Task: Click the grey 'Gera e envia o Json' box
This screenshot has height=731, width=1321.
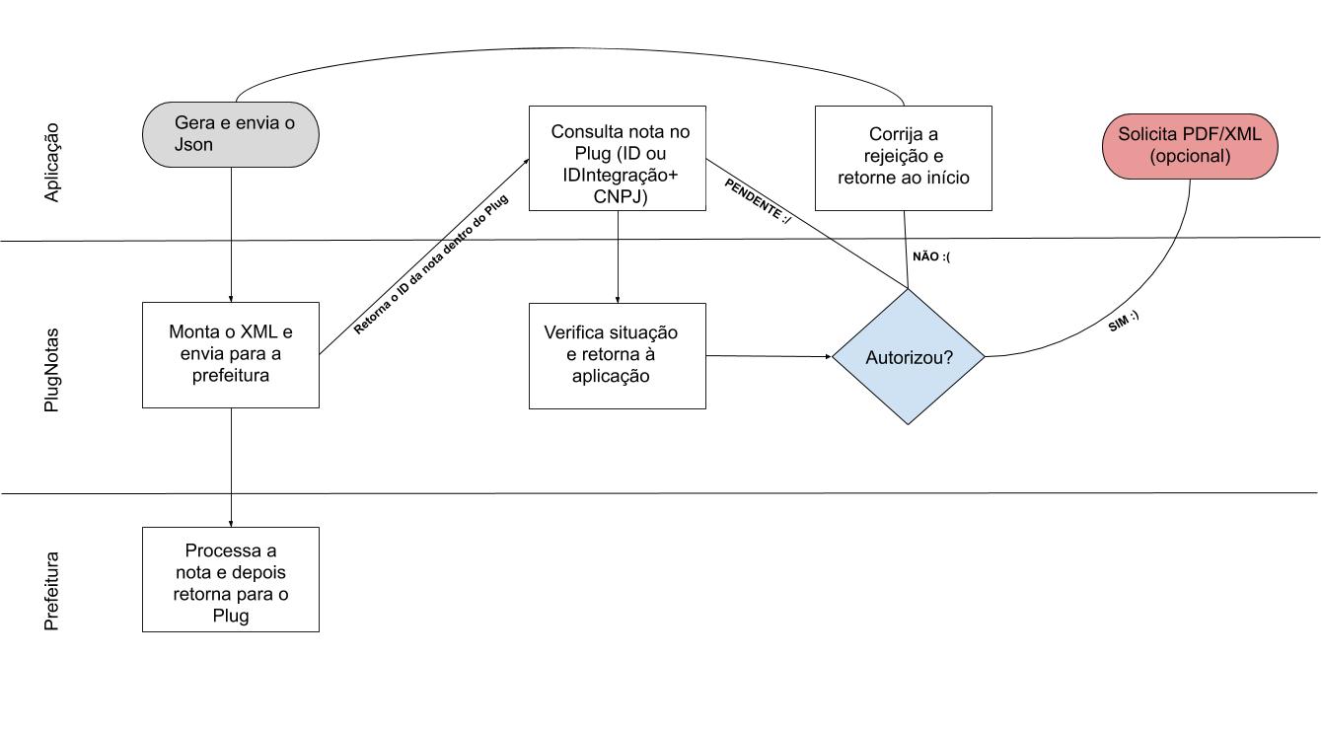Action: click(x=231, y=134)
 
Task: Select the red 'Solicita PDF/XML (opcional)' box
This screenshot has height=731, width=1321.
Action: click(x=1190, y=146)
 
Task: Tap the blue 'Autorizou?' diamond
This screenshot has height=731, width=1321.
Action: click(x=909, y=357)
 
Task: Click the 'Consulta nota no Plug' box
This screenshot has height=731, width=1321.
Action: click(x=618, y=158)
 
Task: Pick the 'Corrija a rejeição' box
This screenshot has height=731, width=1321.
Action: click(x=904, y=158)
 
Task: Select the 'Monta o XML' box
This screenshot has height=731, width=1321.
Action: click(x=231, y=355)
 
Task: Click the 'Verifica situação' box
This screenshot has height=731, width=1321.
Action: click(x=618, y=356)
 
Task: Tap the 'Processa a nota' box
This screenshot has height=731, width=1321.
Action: click(x=231, y=579)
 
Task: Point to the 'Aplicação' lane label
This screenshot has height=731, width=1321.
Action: click(x=52, y=163)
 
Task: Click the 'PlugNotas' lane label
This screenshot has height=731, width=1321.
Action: click(x=52, y=370)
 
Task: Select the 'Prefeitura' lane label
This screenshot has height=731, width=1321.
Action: click(x=52, y=591)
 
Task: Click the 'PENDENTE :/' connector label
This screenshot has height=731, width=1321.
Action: click(x=758, y=201)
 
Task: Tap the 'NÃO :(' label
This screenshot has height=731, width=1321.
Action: click(x=931, y=256)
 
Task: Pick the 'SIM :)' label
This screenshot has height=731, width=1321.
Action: click(x=1124, y=322)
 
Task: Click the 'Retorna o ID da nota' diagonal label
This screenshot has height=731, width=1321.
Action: click(x=430, y=264)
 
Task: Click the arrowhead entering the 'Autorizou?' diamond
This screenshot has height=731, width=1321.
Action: click(x=829, y=356)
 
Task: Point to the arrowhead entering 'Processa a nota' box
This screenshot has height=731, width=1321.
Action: click(x=231, y=524)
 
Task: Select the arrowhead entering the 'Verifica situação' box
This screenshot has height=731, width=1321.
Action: click(x=618, y=300)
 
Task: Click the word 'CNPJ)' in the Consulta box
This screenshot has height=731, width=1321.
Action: click(x=621, y=196)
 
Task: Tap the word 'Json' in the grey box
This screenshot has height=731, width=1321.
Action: click(x=193, y=144)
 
